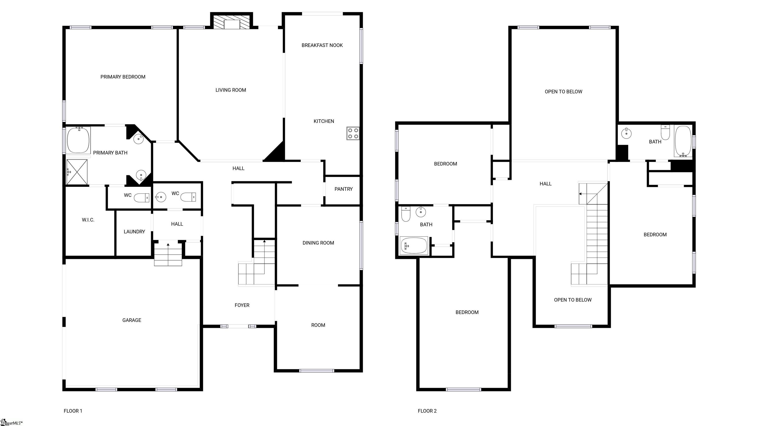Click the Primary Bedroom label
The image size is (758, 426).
123,77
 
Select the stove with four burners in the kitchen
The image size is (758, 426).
353,133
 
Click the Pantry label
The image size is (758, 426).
343,189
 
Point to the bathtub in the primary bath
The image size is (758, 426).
78,140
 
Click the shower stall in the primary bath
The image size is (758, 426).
77,172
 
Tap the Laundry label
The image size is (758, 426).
134,232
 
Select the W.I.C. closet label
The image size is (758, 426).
88,220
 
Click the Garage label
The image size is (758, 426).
132,320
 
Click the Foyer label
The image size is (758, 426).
242,305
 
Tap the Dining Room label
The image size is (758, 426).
318,243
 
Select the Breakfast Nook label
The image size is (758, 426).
322,45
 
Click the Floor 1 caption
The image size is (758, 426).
73,411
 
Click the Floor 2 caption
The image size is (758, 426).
427,411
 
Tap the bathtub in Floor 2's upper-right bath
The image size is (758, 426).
683,141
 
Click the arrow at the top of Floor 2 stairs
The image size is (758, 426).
580,194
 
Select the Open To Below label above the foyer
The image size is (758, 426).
572,300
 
